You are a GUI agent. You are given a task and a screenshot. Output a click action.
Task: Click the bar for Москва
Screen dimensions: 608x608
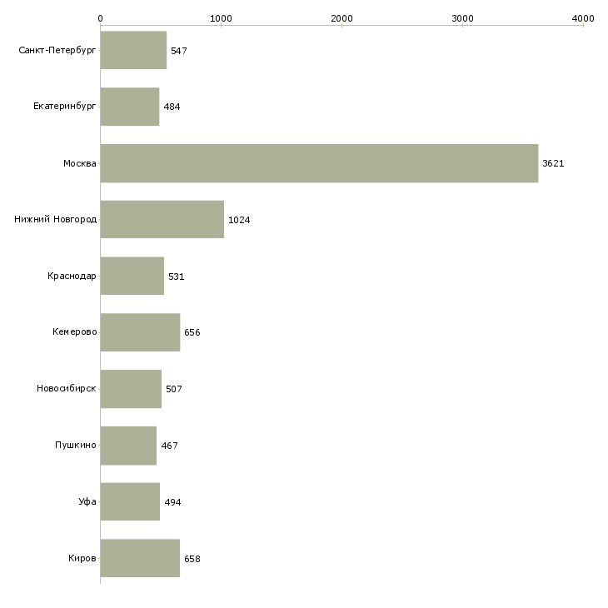[319, 163]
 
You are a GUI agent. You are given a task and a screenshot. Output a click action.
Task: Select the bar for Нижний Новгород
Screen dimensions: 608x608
[162, 220]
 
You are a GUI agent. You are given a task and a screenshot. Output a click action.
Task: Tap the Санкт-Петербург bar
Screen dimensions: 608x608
[133, 50]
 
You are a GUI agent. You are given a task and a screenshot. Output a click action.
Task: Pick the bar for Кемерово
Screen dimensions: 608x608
[140, 332]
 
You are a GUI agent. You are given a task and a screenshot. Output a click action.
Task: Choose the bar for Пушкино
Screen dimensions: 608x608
[128, 446]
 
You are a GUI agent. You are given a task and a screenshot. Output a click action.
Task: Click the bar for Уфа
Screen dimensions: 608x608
[130, 501]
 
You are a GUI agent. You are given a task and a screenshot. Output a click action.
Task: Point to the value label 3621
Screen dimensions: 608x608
[553, 163]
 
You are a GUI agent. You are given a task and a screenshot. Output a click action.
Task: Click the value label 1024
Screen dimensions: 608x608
[239, 220]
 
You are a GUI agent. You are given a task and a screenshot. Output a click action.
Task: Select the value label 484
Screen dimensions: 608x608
[172, 107]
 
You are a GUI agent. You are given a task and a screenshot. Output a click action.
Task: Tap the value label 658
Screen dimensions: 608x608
[192, 559]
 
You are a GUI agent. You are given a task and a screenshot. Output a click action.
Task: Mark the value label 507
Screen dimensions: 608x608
[174, 389]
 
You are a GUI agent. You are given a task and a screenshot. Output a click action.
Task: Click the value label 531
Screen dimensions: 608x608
[176, 277]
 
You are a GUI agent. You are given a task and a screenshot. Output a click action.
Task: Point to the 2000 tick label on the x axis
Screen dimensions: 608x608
[341, 18]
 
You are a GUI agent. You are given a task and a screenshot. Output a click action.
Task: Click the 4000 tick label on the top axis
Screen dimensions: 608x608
[583, 18]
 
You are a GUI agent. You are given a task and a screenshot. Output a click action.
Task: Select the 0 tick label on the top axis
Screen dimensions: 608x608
[101, 18]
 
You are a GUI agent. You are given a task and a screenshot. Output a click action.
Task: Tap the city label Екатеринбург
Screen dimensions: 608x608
[64, 107]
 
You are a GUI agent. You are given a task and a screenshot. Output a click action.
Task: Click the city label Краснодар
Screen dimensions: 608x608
[72, 276]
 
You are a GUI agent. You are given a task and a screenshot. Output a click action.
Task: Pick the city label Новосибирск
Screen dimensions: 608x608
[67, 388]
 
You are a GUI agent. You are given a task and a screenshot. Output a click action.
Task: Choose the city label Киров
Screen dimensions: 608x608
[82, 558]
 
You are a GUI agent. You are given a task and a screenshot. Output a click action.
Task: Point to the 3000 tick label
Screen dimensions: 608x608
[462, 18]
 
